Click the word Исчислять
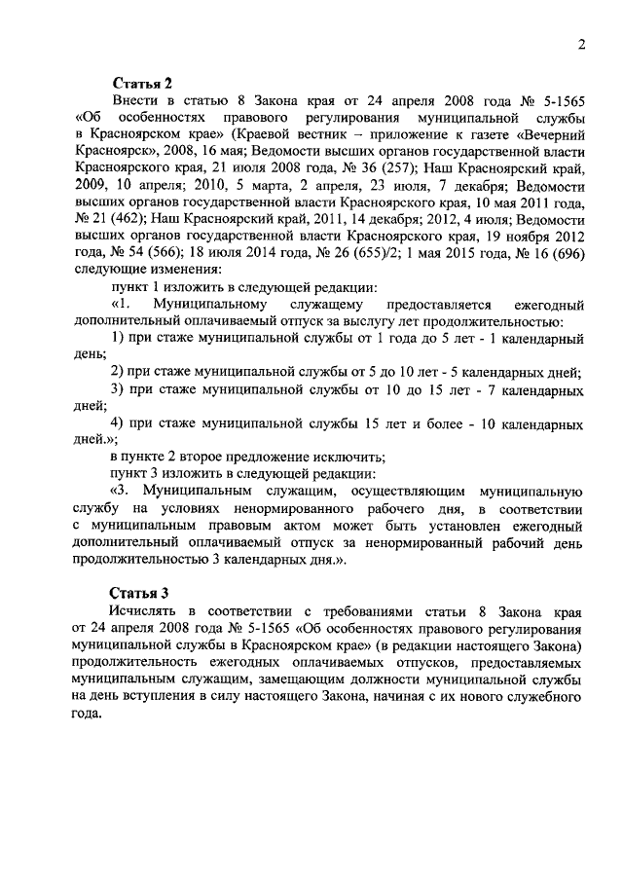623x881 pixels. coord(146,610)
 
